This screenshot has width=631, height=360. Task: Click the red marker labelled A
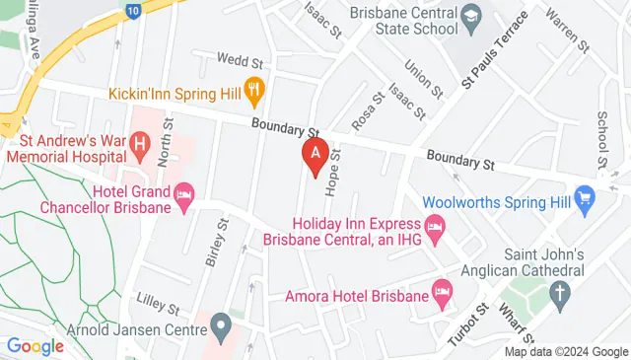pos(315,156)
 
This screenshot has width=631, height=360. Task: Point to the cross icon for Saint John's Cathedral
pos(559,293)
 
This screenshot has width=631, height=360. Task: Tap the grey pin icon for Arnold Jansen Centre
pos(222,326)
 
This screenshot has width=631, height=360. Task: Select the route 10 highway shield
pos(132,11)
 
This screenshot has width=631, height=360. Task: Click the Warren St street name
pos(565,33)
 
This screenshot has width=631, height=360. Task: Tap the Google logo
pos(35,346)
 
